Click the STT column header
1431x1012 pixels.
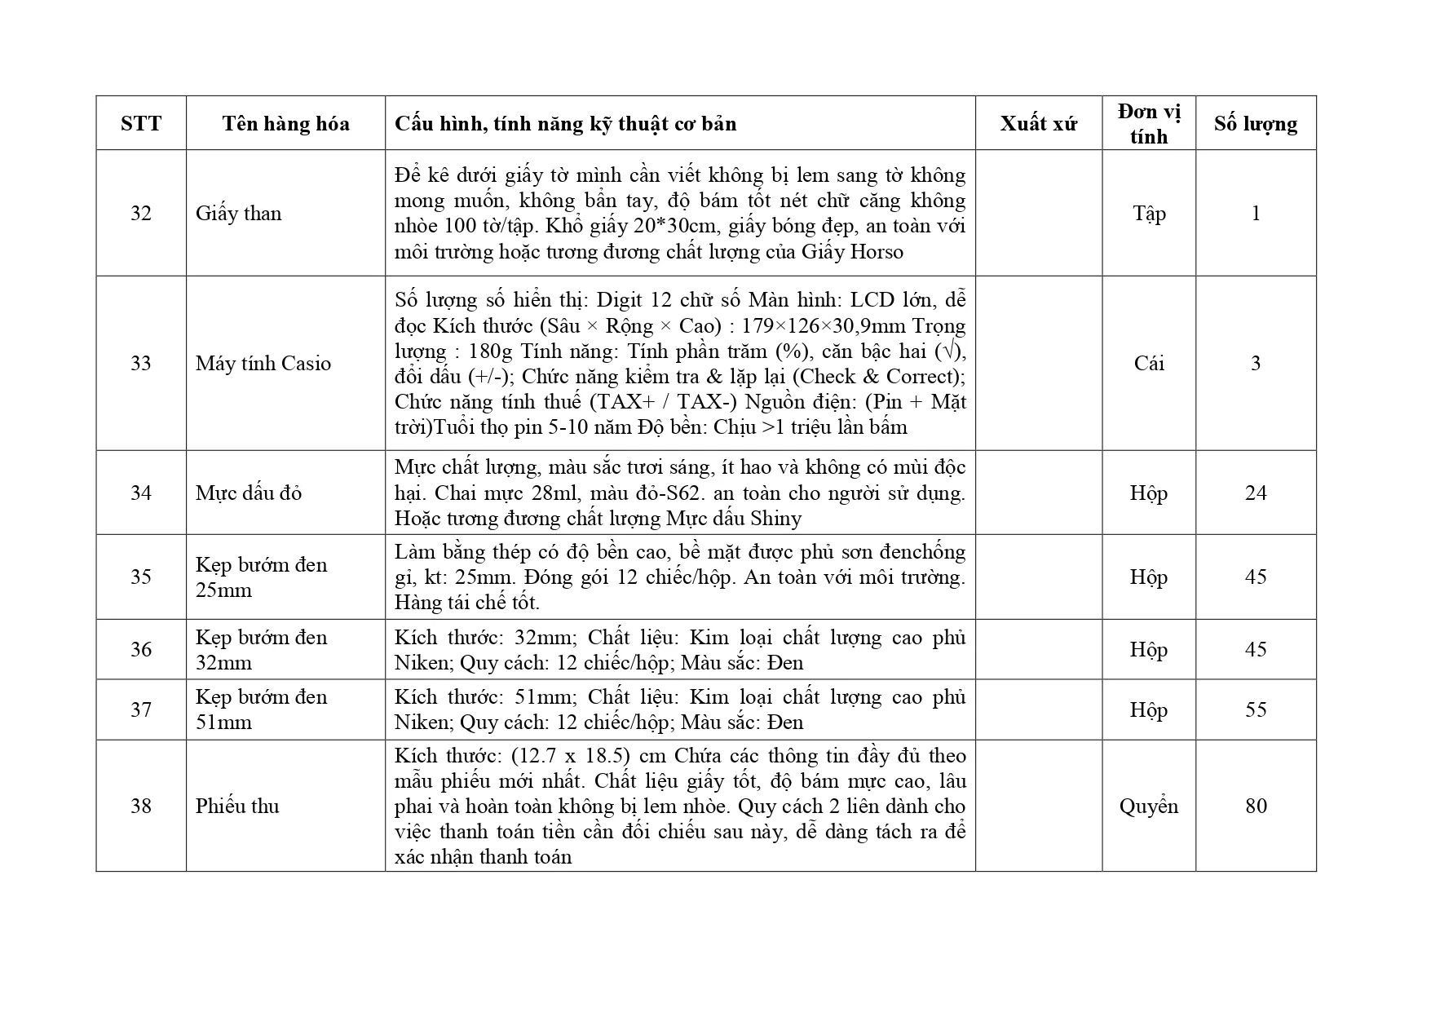[x=141, y=124]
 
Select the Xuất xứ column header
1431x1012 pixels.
[x=1038, y=124]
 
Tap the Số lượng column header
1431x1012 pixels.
[x=1255, y=124]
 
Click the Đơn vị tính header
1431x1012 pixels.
[x=1149, y=124]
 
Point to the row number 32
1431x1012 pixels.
[x=141, y=214]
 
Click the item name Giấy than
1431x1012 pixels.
[x=238, y=214]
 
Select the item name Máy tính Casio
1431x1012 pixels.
[x=263, y=364]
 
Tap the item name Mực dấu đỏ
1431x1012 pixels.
[x=249, y=493]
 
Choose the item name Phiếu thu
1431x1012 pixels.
[x=237, y=807]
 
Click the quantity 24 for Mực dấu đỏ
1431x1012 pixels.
[x=1256, y=493]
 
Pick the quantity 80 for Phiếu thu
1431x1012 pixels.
[x=1256, y=807]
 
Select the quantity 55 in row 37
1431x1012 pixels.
[x=1256, y=710]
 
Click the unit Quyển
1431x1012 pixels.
[x=1149, y=807]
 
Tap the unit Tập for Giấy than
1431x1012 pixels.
[x=1149, y=214]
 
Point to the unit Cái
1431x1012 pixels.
[x=1149, y=364]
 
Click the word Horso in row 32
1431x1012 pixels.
[x=877, y=252]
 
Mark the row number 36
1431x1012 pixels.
[x=141, y=650]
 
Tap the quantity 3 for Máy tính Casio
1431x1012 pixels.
[x=1256, y=364]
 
